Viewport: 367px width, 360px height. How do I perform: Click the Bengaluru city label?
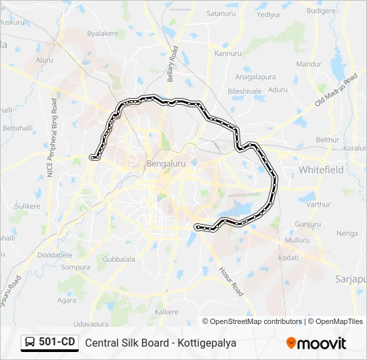tap(165, 163)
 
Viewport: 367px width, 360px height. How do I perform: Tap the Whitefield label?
tap(321, 170)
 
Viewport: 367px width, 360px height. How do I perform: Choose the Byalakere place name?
tap(102, 33)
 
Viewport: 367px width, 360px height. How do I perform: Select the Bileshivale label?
tap(245, 90)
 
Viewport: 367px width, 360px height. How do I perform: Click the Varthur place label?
tap(318, 204)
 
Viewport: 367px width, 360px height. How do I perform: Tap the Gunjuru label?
tap(308, 224)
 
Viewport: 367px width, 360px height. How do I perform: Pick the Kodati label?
tap(288, 257)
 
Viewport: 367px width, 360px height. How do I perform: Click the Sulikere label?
tap(27, 206)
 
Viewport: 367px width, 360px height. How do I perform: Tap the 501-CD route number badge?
tap(50, 343)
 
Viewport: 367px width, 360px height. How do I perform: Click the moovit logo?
tap(316, 343)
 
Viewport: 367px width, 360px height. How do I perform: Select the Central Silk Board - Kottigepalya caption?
tap(160, 343)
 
